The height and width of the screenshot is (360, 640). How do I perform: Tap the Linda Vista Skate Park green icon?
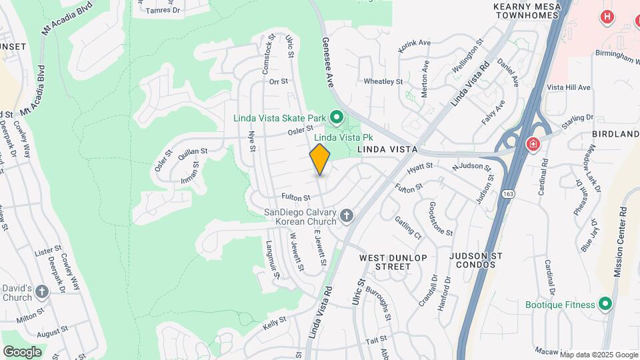pos(337,119)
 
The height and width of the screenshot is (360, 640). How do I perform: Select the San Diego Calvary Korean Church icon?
pos(346,215)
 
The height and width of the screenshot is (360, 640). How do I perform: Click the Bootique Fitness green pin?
pos(605,305)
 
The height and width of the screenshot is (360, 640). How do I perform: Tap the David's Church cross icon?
pos(42,291)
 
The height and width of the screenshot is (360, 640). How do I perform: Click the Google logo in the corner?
pos(22,351)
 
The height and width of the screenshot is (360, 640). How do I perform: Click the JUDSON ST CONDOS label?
pos(475,260)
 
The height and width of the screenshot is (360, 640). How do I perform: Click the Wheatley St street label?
pos(383,81)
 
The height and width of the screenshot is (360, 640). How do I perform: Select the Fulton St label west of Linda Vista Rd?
pos(296,197)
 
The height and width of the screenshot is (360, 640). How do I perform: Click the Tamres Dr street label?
pos(163,11)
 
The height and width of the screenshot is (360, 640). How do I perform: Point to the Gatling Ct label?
pos(407,227)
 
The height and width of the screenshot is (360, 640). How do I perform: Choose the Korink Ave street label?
pos(415,43)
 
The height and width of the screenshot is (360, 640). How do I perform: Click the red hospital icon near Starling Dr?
pos(533,143)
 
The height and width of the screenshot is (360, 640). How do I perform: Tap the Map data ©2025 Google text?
pos(598,355)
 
